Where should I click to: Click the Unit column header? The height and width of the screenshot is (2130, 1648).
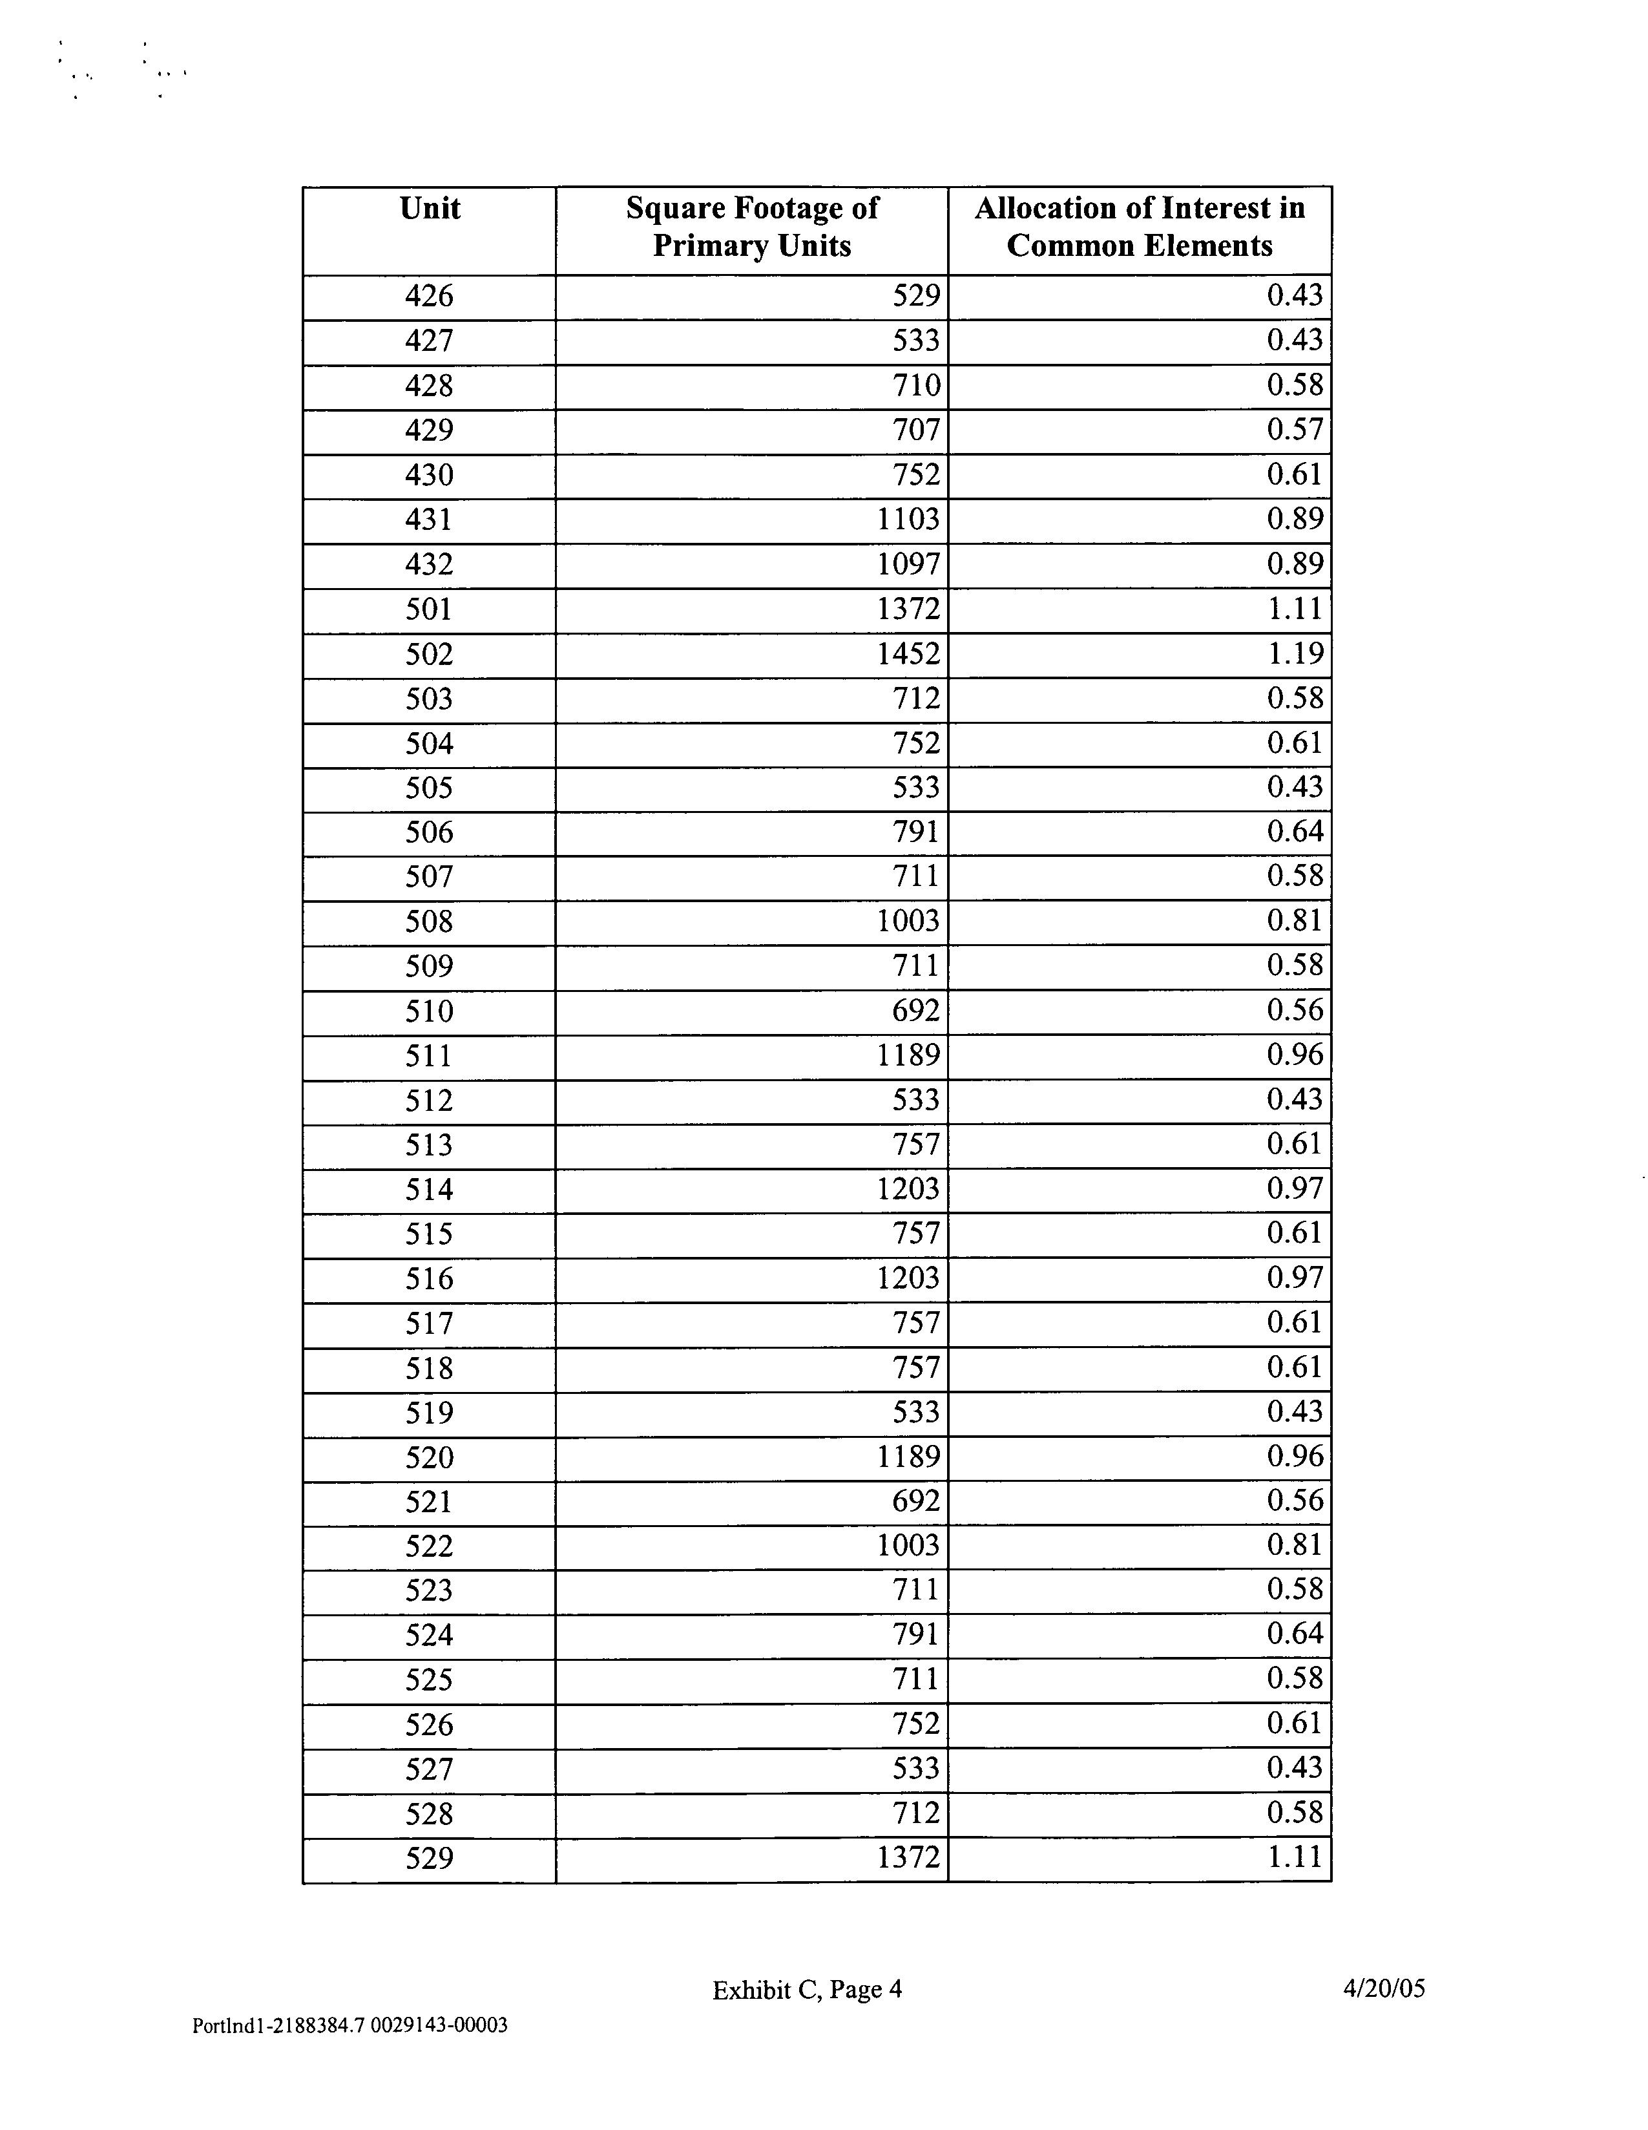[429, 209]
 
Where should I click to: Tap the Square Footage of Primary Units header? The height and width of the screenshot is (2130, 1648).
[752, 226]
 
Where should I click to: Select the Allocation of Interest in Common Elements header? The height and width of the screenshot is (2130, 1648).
[1139, 226]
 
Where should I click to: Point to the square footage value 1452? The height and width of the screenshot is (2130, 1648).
[908, 653]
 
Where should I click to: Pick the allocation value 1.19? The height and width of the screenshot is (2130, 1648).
[1295, 653]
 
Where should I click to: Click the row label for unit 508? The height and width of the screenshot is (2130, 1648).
[429, 922]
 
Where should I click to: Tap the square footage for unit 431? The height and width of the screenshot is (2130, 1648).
[908, 520]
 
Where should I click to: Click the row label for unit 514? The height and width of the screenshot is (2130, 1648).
[429, 1190]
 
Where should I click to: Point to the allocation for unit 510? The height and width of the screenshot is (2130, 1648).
[1295, 1010]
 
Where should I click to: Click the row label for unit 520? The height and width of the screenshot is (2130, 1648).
[429, 1458]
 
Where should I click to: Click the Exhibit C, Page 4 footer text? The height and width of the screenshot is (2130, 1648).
[808, 1990]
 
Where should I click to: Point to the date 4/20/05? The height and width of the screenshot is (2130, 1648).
[1384, 1988]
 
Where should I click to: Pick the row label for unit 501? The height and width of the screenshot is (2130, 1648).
[429, 609]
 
